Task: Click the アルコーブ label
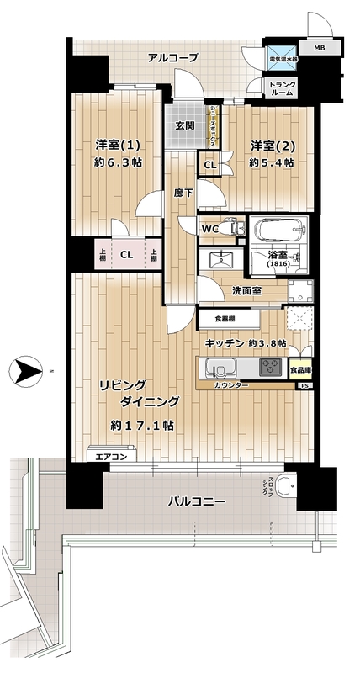tap(173, 57)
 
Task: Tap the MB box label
tap(319, 48)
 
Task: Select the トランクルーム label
tap(278, 89)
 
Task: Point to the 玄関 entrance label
tap(185, 126)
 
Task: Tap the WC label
tap(210, 228)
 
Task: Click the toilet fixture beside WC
tap(235, 228)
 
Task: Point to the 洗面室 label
tap(246, 290)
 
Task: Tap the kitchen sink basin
tap(220, 368)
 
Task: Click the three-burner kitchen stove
tap(271, 367)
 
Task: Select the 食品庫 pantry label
tap(301, 368)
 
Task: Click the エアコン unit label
tap(111, 457)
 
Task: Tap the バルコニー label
tap(196, 501)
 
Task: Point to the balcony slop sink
tap(287, 485)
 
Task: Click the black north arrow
tap(25, 370)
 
